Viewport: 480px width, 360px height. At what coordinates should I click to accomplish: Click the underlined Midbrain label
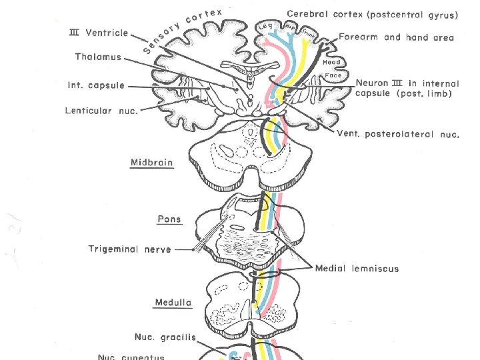(151, 162)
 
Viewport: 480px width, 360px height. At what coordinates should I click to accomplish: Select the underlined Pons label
(169, 219)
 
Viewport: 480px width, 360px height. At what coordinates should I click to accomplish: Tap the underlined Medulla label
(173, 303)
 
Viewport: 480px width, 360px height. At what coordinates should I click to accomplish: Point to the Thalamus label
(98, 57)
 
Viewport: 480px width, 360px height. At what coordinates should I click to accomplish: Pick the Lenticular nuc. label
(101, 110)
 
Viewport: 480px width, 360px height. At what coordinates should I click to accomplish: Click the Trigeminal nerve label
(130, 249)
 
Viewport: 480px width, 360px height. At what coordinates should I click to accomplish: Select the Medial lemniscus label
(357, 268)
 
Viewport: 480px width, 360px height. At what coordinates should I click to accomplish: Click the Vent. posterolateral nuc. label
(398, 134)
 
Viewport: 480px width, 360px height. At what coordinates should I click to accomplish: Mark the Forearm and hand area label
(396, 37)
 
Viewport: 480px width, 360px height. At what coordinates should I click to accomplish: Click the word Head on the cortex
(331, 62)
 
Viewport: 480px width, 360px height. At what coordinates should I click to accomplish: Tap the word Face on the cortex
(333, 75)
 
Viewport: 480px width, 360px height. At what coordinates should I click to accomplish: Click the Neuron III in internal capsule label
(407, 88)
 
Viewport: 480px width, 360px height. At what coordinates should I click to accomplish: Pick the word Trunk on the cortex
(309, 31)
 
